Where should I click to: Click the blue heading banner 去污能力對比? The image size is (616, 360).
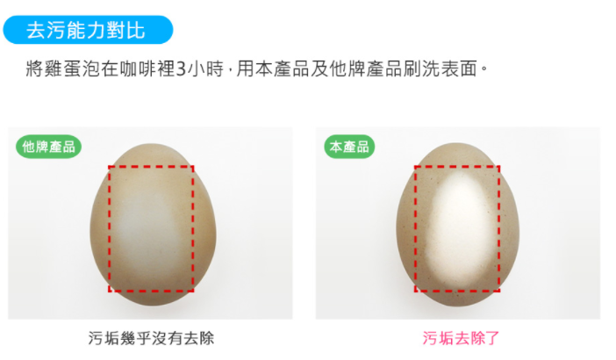coord(88,30)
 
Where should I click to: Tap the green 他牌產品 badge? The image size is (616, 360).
coord(49,147)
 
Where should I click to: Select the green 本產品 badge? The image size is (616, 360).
coord(349,147)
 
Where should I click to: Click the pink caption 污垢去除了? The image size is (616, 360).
coord(461,338)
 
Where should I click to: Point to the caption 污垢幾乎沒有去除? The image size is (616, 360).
coord(151,338)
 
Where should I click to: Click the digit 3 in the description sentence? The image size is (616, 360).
coord(180,69)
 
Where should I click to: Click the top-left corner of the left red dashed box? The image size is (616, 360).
coord(109,167)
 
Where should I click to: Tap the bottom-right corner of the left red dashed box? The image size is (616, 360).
coord(193,291)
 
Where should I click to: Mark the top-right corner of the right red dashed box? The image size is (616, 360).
coord(499,167)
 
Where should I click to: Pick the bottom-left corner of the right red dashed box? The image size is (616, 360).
coord(415,291)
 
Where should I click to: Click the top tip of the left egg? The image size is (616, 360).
coord(151,144)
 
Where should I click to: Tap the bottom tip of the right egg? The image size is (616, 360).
coord(458,306)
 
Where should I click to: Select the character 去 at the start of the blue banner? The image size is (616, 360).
coord(36,30)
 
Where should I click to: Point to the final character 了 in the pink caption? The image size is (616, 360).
coord(491,338)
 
